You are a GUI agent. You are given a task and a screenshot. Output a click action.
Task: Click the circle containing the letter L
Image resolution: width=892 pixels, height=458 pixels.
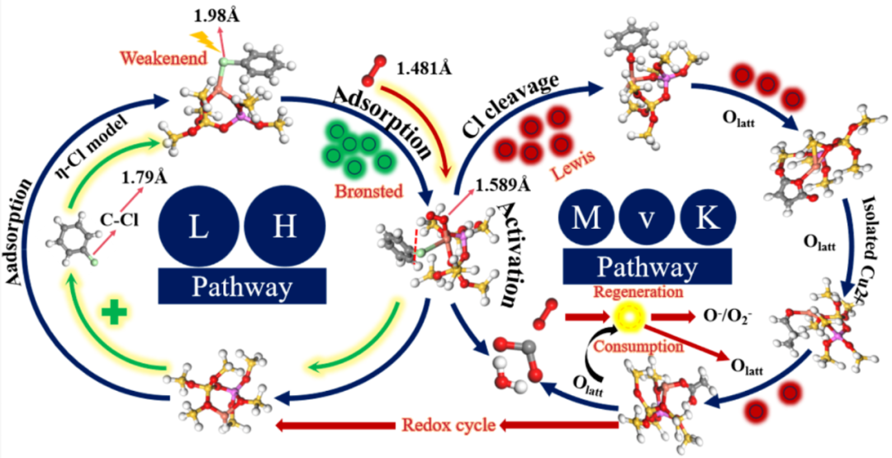pos(199,227)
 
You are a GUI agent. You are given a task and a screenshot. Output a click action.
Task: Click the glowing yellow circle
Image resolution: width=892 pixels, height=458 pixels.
pos(633,317)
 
